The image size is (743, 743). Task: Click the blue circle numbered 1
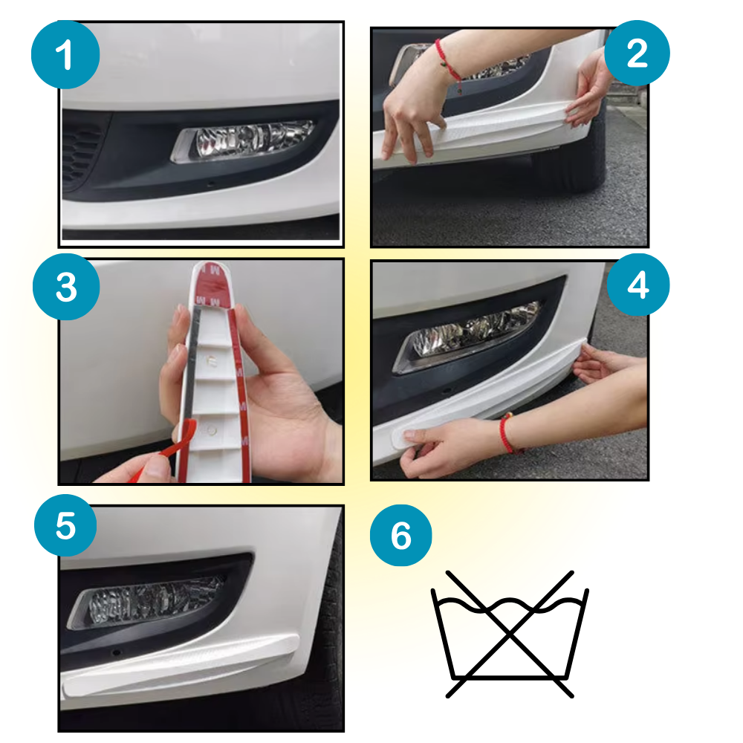pyautogui.click(x=65, y=56)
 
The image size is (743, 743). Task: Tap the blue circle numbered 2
pyautogui.click(x=637, y=53)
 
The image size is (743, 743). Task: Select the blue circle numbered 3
pyautogui.click(x=65, y=288)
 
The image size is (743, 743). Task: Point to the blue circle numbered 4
pyautogui.click(x=637, y=286)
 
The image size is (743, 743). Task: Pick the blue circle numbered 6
pyautogui.click(x=400, y=535)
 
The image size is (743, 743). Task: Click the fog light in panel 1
pyautogui.click(x=245, y=140)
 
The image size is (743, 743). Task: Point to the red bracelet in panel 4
pyautogui.click(x=507, y=433)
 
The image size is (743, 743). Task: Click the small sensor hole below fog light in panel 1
pyautogui.click(x=211, y=183)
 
